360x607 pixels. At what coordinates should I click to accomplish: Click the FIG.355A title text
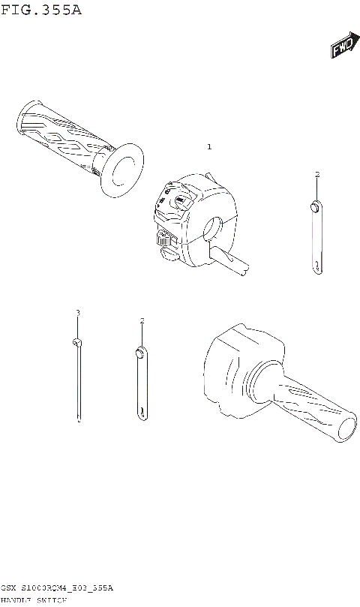click(40, 11)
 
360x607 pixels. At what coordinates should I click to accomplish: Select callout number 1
click(209, 146)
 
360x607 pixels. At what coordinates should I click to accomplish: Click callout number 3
click(77, 312)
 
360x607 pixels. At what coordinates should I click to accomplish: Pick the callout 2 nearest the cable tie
click(141, 321)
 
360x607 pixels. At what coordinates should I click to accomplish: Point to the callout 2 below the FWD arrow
click(316, 174)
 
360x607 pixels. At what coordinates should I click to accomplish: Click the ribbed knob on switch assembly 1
click(164, 240)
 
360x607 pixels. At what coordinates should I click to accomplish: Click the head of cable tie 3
click(77, 342)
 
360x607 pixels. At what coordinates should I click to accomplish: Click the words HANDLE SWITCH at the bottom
click(34, 602)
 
